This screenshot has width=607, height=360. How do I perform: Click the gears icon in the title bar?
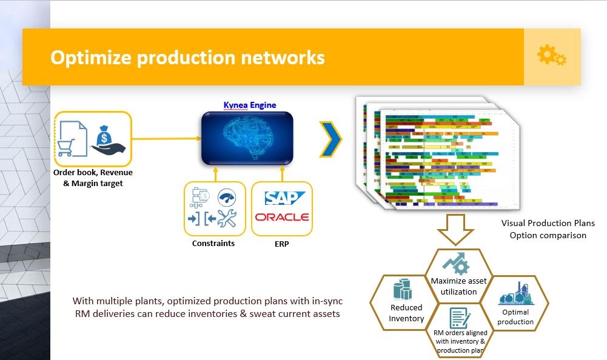click(x=552, y=56)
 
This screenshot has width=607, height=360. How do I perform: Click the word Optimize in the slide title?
click(x=91, y=58)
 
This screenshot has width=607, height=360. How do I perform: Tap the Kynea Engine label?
click(x=250, y=105)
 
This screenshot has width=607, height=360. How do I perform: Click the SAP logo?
click(x=281, y=199)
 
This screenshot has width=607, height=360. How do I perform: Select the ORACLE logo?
click(x=282, y=217)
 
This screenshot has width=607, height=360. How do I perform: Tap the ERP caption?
click(x=281, y=244)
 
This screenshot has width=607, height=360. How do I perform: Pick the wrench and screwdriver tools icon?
click(x=226, y=218)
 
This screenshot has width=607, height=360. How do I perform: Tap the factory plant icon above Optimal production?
click(x=515, y=294)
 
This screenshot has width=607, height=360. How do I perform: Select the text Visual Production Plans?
click(x=548, y=223)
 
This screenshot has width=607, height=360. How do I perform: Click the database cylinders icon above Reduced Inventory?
click(x=404, y=290)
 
